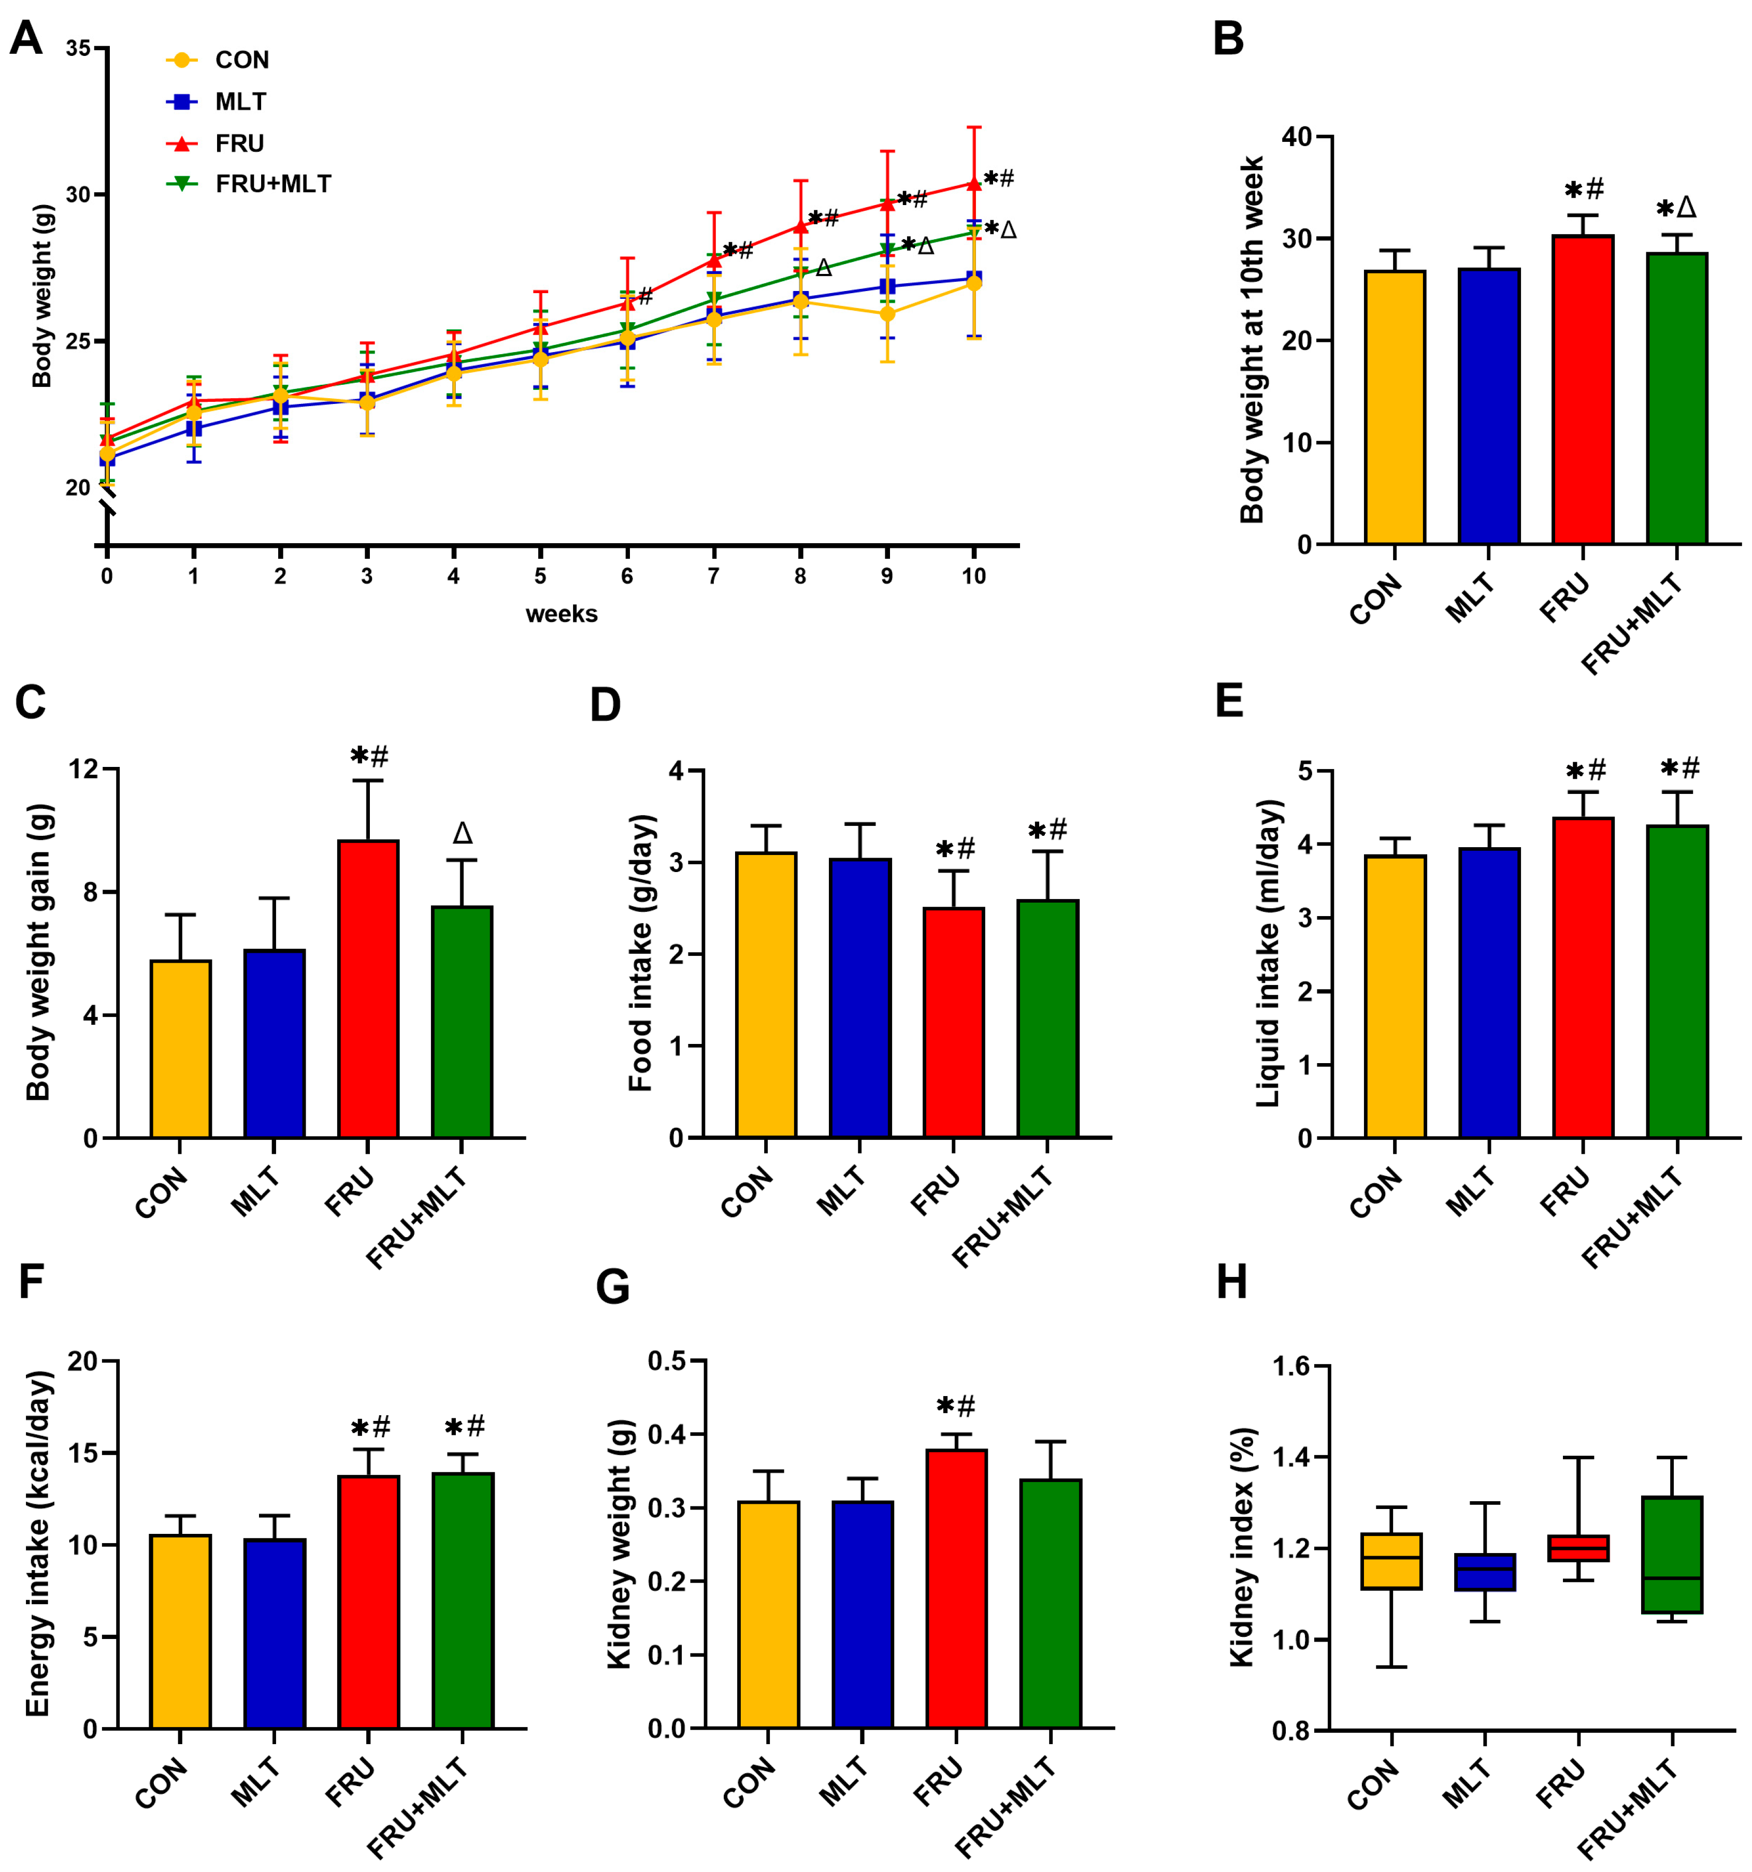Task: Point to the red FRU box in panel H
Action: pyautogui.click(x=1578, y=1548)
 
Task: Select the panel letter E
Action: pyautogui.click(x=1229, y=702)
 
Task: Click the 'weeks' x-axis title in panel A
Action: pyautogui.click(x=562, y=614)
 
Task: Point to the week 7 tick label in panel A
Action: pyautogui.click(x=713, y=576)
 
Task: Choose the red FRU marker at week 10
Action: pyautogui.click(x=973, y=184)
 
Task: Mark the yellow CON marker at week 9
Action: pyautogui.click(x=886, y=314)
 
